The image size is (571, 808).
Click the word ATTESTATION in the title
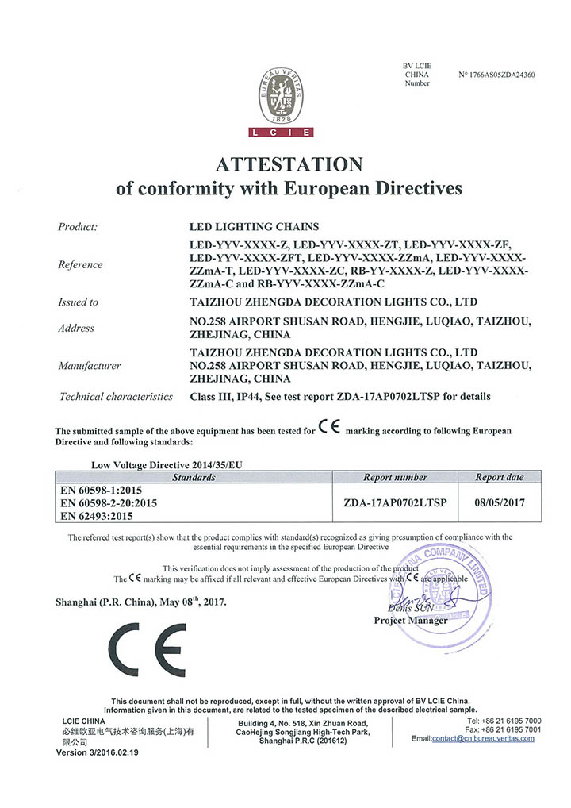pyautogui.click(x=289, y=164)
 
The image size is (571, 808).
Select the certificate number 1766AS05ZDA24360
pyautogui.click(x=497, y=75)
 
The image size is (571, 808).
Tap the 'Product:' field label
pyautogui.click(x=78, y=227)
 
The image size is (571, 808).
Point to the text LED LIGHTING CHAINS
pyautogui.click(x=253, y=227)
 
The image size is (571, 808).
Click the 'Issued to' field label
pyautogui.click(x=78, y=302)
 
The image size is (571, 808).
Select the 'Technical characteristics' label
pyautogui.click(x=116, y=396)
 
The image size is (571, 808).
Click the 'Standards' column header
pyautogui.click(x=194, y=477)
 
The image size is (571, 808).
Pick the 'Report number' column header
pyautogui.click(x=395, y=477)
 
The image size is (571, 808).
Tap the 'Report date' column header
pyautogui.click(x=500, y=477)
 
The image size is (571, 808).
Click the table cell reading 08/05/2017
pyautogui.click(x=500, y=502)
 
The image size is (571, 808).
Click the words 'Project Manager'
pyautogui.click(x=410, y=620)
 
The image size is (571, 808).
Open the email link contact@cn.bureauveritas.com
pyautogui.click(x=483, y=738)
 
